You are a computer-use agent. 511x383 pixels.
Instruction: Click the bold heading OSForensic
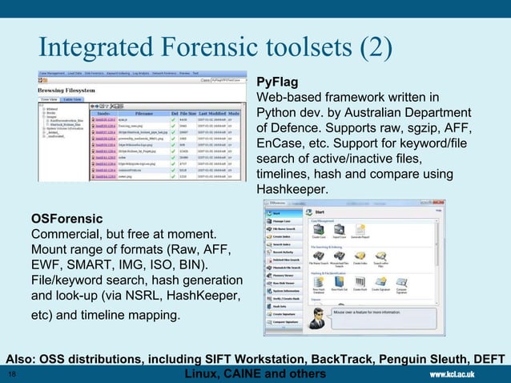[x=66, y=218]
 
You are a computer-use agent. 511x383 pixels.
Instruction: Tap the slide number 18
[x=11, y=374]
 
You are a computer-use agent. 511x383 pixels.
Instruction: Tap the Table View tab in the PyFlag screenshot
[x=72, y=100]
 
